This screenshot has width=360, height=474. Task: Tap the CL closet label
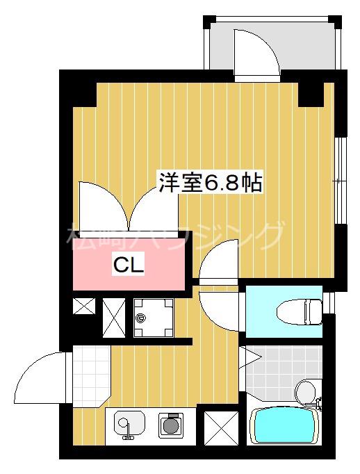129,264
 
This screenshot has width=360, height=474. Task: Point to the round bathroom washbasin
305,393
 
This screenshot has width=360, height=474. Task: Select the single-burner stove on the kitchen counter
170,424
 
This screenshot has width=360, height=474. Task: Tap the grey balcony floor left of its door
220,46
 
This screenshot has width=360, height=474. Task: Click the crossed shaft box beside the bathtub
221,427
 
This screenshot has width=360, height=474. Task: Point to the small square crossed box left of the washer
83,307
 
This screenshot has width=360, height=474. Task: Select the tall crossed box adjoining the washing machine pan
113,317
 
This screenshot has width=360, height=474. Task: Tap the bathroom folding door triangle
249,358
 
